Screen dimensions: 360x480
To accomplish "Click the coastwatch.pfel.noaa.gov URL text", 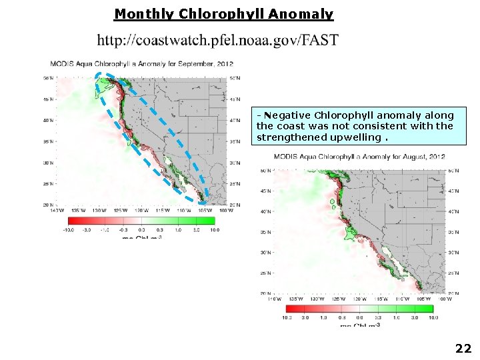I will (217, 40).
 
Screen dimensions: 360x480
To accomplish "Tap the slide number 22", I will (463, 348).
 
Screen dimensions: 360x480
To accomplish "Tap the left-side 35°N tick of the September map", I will (49, 142).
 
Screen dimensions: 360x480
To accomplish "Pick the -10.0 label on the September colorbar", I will (68, 231).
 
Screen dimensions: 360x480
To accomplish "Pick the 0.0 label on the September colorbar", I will (141, 231).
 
